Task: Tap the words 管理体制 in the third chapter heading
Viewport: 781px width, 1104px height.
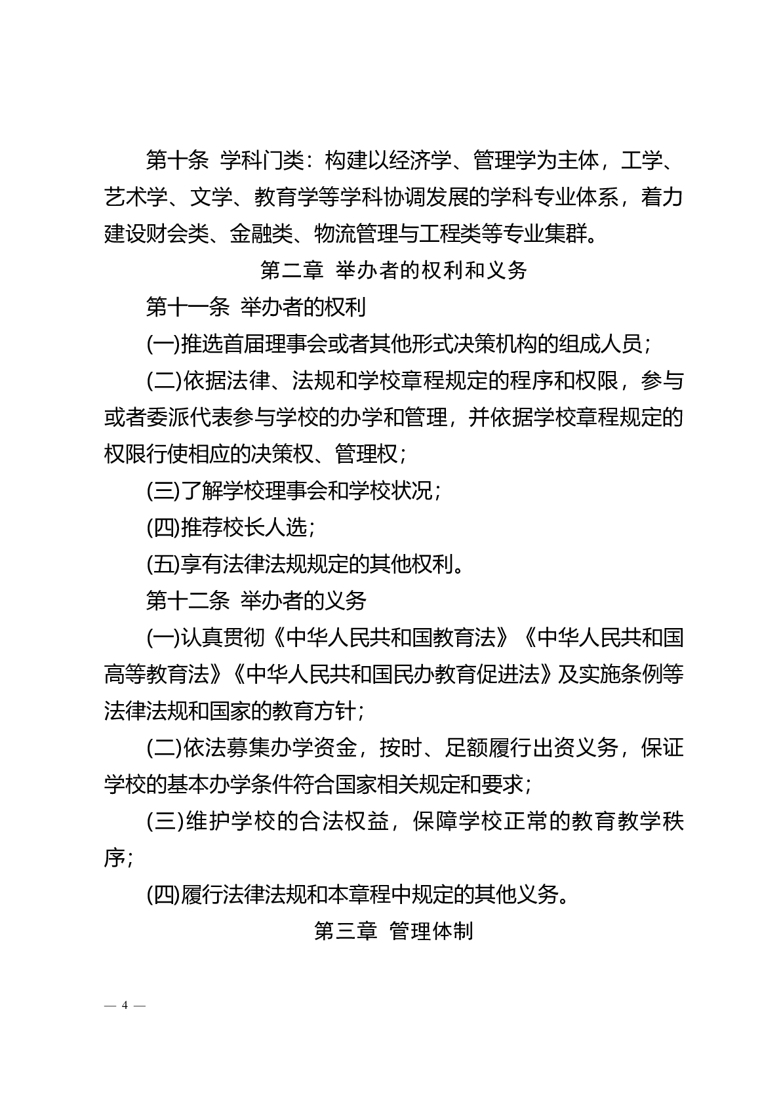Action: coord(431,930)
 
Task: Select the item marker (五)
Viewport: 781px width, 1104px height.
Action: coord(163,563)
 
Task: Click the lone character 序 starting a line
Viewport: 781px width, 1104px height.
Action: coord(115,858)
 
